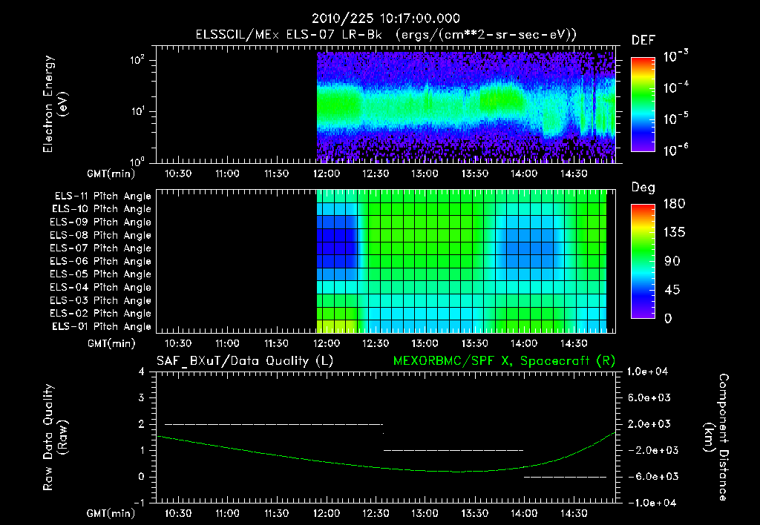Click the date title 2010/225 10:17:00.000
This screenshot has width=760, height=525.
[x=385, y=19]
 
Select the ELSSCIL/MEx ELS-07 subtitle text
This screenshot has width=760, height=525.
[x=385, y=35]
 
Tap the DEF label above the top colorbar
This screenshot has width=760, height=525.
[x=643, y=40]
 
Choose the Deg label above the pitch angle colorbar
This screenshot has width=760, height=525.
[x=643, y=188]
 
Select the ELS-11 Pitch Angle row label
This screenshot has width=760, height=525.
[x=102, y=196]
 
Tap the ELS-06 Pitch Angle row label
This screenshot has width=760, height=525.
[x=102, y=261]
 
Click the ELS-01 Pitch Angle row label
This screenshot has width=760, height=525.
[x=102, y=326]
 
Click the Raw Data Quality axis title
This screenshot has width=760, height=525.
[x=56, y=437]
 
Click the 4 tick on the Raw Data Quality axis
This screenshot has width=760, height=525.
[x=142, y=372]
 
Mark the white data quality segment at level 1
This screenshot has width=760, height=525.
[x=453, y=450]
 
